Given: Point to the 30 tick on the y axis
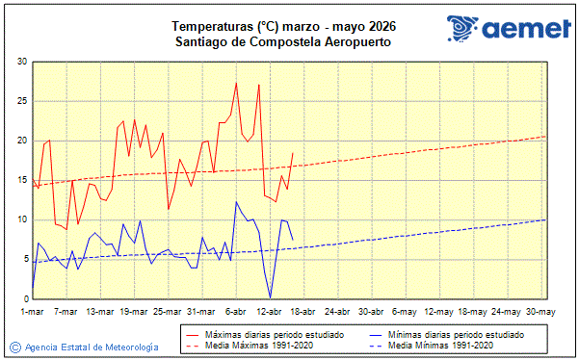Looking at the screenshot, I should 21,62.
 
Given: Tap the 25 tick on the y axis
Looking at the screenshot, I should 21,101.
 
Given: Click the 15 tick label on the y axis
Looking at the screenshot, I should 21,180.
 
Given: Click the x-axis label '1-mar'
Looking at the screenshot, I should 33,311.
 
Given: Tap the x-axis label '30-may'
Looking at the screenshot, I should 540,311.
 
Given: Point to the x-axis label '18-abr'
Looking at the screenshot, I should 303,311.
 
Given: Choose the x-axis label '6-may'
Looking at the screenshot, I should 405,311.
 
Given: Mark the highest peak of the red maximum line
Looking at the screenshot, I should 236,83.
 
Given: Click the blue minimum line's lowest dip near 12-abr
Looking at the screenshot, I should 270,297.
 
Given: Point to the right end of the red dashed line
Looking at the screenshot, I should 545,136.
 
